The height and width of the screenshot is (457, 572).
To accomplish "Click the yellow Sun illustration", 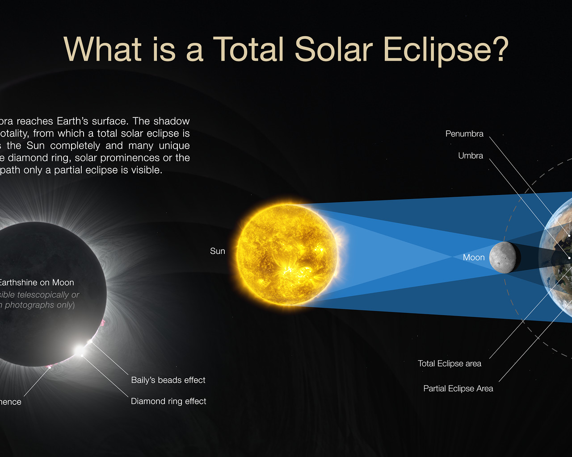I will [287, 255].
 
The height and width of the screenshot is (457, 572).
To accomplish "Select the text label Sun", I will [218, 251].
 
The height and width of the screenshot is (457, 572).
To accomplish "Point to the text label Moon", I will [474, 258].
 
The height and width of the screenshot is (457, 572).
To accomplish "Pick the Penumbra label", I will [464, 134].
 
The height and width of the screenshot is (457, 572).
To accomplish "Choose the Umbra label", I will [471, 156].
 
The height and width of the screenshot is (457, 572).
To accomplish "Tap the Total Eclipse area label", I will [450, 364].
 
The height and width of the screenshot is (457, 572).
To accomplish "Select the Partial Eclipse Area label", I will [458, 389].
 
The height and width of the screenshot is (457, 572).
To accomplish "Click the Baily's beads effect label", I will [168, 380].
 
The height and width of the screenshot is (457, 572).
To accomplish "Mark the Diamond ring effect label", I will [168, 402].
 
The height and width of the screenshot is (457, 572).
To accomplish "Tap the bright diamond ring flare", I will [79, 351].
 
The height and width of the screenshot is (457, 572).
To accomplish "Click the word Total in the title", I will [248, 49].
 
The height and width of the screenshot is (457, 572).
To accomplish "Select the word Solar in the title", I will [333, 49].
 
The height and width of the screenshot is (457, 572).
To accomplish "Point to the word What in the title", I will [103, 49].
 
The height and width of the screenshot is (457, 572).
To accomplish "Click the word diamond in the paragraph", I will [28, 158].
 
